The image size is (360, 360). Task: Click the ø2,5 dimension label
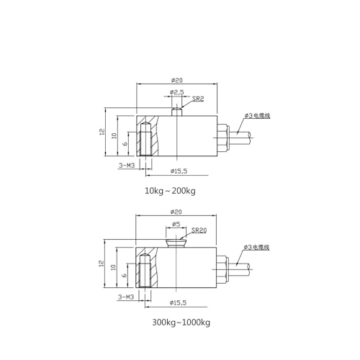coord(176,92)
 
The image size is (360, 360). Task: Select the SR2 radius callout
coord(198,99)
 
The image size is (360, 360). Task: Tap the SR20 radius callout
coord(199,230)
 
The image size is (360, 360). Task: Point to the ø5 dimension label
coord(176,224)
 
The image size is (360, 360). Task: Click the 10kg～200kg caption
coord(170,191)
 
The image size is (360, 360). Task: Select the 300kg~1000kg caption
coord(181,323)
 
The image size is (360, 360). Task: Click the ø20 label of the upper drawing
coord(177,80)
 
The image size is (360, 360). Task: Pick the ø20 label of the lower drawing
coord(176,212)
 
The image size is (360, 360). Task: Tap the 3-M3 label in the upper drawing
coord(127,165)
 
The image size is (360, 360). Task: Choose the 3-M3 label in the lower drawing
coord(126,297)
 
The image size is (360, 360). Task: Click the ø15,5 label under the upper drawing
coord(179,171)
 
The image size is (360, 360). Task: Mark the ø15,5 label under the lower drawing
coord(178,302)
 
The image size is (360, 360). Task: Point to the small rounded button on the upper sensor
coord(176,112)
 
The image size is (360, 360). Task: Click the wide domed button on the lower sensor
coord(176,243)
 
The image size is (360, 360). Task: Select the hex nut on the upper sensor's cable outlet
coord(222,138)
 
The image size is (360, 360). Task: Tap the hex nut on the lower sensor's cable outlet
coord(221,269)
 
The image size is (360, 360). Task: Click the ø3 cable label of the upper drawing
coord(257,116)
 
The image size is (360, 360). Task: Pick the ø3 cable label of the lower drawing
coord(256,247)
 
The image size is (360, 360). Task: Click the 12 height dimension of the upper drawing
coord(102,132)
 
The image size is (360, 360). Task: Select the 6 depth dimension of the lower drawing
coord(125,275)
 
